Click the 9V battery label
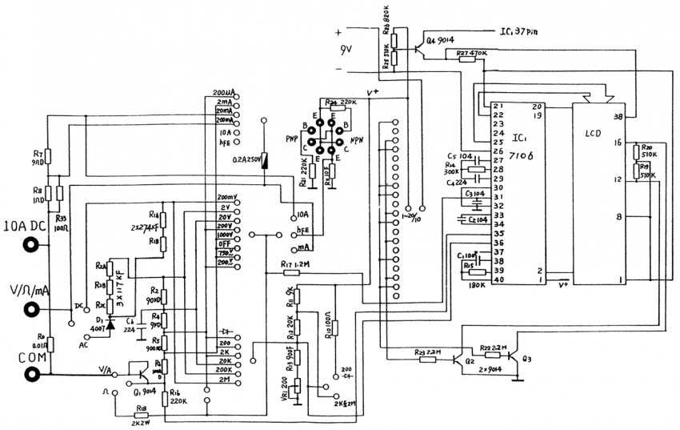346,54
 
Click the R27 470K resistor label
473,54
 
